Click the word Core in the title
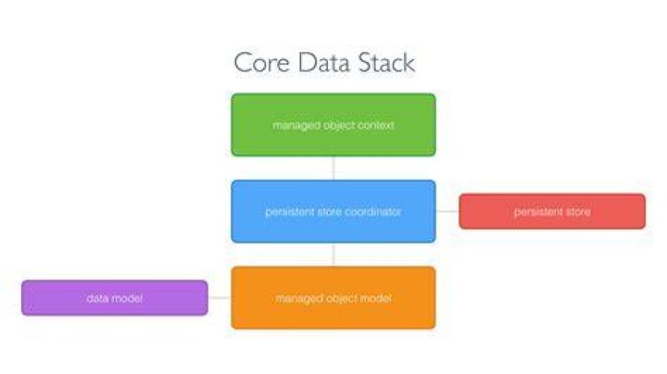(x=262, y=63)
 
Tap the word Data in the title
(x=324, y=63)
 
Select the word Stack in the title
(x=386, y=63)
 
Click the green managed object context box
(x=333, y=125)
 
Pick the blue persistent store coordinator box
(x=333, y=211)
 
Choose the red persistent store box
(x=552, y=211)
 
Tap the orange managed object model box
(x=333, y=297)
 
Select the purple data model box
(x=115, y=297)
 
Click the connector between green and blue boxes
(x=333, y=168)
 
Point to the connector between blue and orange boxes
(x=333, y=255)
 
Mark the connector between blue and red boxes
(x=447, y=211)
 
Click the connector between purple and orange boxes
(x=220, y=297)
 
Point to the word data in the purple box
(x=97, y=298)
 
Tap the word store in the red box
(x=578, y=212)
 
